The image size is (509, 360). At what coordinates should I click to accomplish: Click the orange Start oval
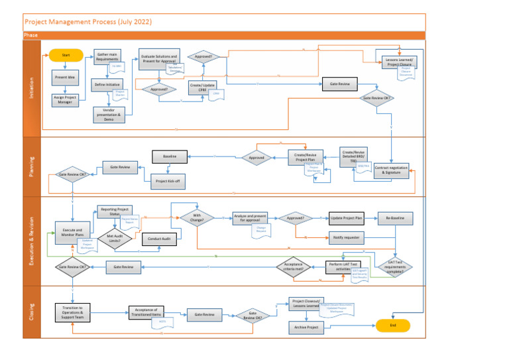66,56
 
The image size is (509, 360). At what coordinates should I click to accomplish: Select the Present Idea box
66,79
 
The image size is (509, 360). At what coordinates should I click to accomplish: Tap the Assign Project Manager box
66,100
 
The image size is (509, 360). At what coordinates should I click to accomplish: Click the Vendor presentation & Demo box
109,115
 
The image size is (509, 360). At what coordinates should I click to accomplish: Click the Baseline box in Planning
169,156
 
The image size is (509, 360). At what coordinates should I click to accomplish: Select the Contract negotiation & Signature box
391,170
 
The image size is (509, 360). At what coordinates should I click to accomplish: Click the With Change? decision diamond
197,218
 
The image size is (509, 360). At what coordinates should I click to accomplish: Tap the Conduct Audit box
160,239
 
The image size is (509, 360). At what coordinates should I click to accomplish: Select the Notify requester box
347,237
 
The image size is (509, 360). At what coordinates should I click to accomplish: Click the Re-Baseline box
396,217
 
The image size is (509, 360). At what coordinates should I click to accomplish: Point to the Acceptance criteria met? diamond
294,267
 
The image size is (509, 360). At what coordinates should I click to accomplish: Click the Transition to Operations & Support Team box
72,312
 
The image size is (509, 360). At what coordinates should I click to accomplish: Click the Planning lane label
31,166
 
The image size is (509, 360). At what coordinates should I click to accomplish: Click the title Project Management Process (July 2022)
88,22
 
